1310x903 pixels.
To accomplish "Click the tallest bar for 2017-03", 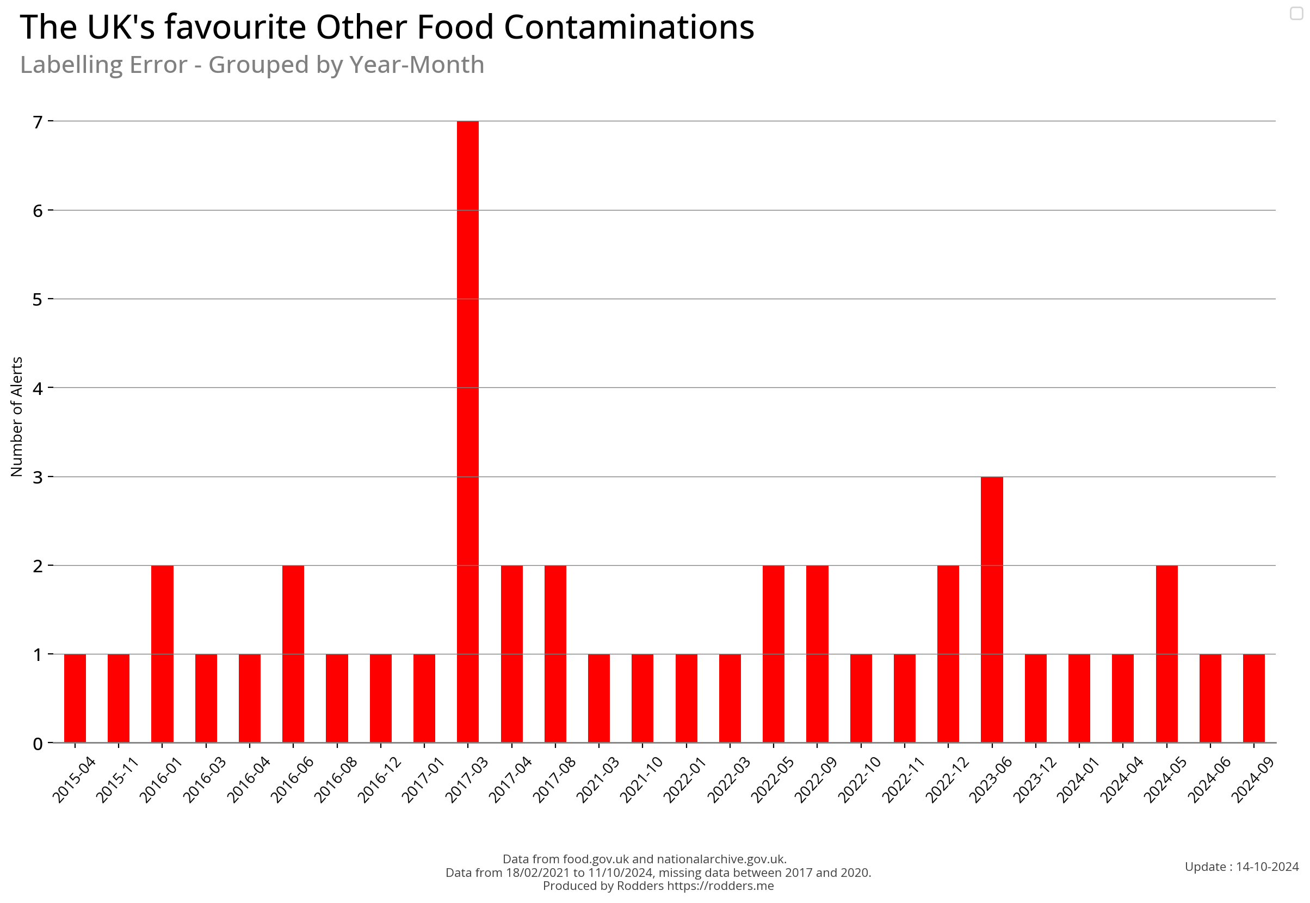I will click(467, 431).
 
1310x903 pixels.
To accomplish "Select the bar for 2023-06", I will click(991, 609).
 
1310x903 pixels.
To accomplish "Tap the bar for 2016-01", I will click(163, 653).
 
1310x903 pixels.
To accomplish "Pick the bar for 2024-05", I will click(1166, 653).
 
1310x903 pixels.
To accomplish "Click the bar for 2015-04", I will click(75, 697).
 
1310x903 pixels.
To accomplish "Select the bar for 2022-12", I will click(948, 653).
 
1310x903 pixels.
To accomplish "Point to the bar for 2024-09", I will click(1253, 697).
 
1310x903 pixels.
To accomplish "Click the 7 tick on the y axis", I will click(38, 122).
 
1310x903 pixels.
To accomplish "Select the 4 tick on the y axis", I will click(38, 388).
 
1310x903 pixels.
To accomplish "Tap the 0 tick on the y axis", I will click(38, 744).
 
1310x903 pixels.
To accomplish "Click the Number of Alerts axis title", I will click(17, 417).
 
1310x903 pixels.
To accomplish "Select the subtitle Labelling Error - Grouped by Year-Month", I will click(252, 65).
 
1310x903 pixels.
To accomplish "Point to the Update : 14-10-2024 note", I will click(1241, 866).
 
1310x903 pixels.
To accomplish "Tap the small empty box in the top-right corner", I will click(1296, 13).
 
